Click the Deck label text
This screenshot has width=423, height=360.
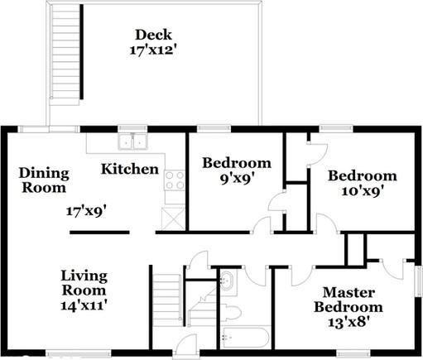click(x=154, y=34)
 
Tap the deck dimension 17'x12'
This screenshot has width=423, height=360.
click(x=154, y=50)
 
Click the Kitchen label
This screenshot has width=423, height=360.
click(x=130, y=170)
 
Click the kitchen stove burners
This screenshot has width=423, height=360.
click(x=175, y=180)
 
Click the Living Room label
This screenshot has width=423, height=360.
click(x=83, y=283)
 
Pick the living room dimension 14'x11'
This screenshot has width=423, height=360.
click(x=83, y=305)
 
